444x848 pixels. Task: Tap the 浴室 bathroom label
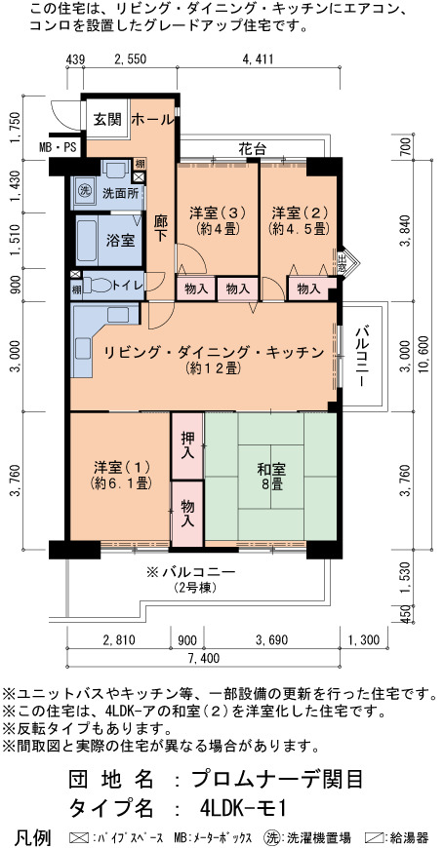[120, 241]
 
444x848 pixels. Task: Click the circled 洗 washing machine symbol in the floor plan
[85, 190]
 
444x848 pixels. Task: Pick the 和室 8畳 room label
[271, 476]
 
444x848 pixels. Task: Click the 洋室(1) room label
[121, 474]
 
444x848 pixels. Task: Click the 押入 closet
[188, 445]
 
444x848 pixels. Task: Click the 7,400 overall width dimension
[203, 658]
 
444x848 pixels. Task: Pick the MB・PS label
[58, 147]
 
